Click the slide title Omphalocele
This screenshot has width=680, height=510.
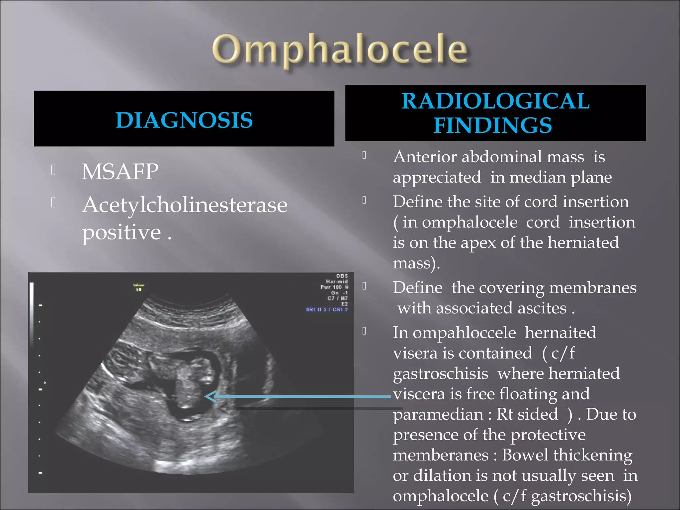[340, 50]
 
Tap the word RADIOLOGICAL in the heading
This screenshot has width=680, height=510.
[495, 101]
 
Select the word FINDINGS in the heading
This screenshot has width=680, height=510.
[493, 126]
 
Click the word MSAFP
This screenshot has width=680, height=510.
[120, 172]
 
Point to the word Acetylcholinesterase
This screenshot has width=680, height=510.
[185, 205]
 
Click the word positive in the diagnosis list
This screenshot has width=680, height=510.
[122, 232]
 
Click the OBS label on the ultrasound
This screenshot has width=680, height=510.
[342, 276]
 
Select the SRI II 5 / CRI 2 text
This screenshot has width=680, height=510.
[327, 309]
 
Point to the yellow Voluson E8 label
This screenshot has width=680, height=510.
[139, 287]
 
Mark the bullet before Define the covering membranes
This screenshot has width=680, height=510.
[364, 286]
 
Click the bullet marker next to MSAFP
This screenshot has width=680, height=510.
[53, 170]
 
